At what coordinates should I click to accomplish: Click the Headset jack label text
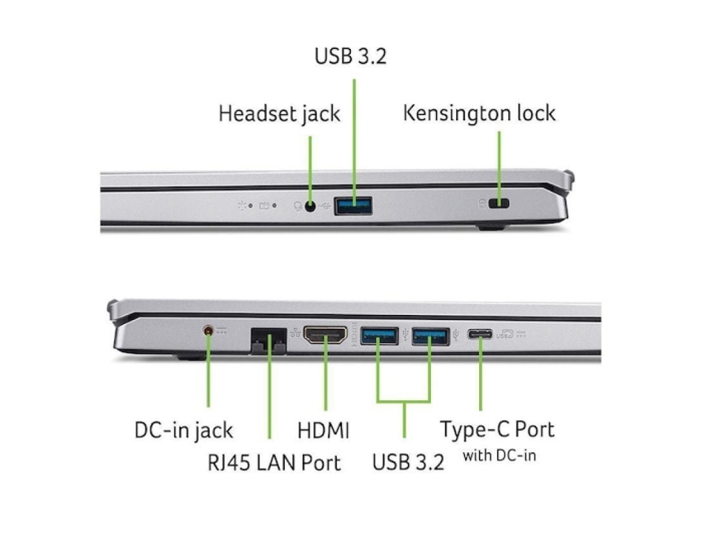pos(279,114)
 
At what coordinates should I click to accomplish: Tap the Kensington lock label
pos(479,114)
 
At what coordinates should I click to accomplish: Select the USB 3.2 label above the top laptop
pos(351,56)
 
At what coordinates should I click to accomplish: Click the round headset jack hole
pos(309,205)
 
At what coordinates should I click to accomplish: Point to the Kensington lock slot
pos(501,205)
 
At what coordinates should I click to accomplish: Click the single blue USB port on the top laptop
pos(353,205)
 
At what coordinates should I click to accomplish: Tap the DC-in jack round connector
pos(208,331)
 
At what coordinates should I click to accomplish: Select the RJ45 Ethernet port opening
pos(268,341)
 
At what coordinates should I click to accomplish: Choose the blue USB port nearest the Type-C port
pos(430,336)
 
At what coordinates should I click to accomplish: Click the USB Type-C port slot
pos(480,334)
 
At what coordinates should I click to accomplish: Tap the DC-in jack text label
pos(183,430)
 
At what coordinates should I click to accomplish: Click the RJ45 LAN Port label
pos(274,463)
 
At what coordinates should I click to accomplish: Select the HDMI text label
pos(323,430)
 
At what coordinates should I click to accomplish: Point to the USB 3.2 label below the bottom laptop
pos(408,463)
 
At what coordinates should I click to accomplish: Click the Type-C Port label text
pos(497,429)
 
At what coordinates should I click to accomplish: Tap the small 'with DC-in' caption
pos(498,455)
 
